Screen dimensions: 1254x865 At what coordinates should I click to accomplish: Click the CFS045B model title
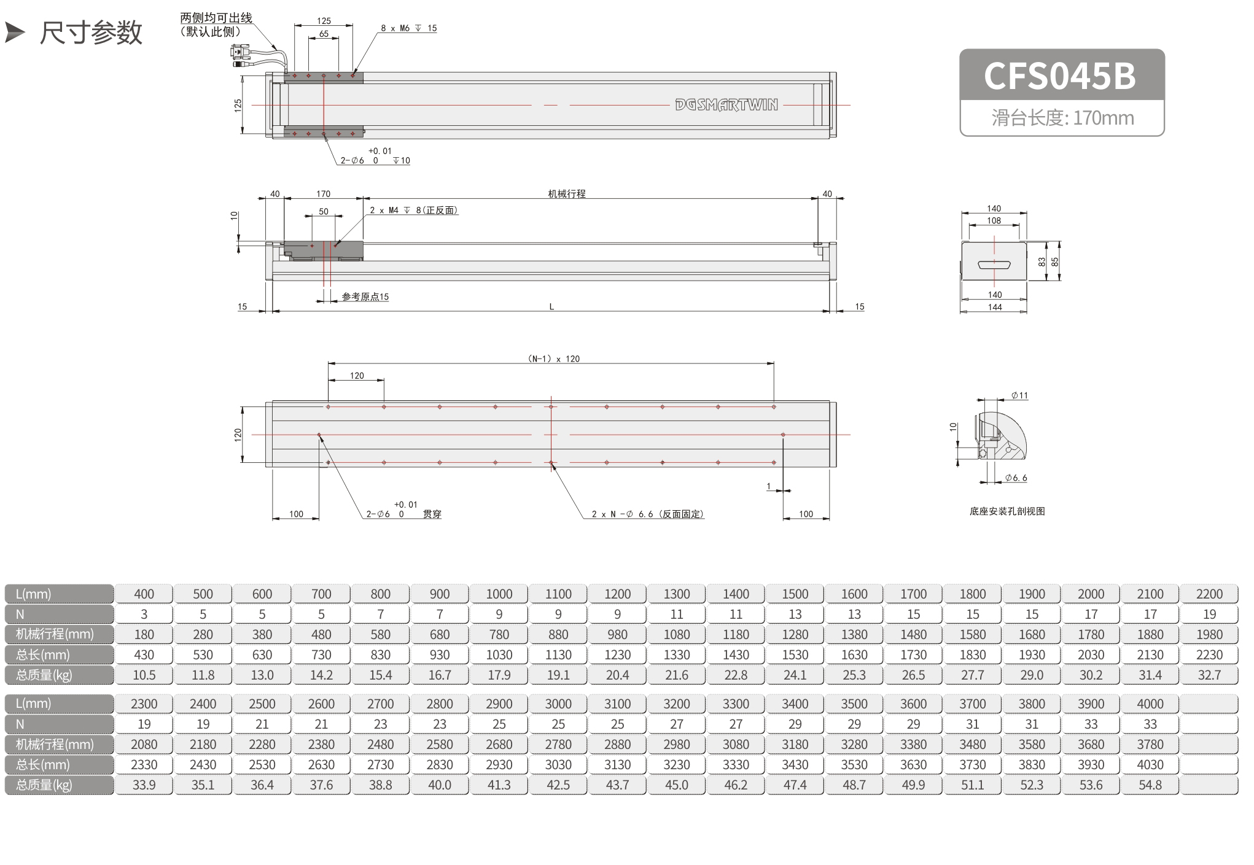point(1060,76)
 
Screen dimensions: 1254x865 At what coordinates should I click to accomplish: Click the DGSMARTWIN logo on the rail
point(726,105)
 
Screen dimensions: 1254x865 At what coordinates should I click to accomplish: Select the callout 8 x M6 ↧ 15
point(408,28)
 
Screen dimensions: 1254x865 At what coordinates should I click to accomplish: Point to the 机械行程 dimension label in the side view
point(567,194)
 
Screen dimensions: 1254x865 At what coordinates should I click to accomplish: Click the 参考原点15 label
point(365,297)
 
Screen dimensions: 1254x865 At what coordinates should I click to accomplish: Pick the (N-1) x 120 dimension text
point(553,359)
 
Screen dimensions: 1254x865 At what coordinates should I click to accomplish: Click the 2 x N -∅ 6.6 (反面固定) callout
point(648,514)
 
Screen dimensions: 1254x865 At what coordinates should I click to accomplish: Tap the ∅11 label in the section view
point(1020,396)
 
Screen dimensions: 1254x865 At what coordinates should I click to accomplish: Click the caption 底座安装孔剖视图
point(1007,511)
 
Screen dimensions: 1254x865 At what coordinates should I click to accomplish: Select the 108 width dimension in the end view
point(994,221)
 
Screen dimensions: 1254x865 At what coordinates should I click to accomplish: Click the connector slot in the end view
point(994,265)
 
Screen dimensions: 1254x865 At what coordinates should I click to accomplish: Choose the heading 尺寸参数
point(91,33)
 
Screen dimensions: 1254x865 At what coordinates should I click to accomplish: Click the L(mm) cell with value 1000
point(499,594)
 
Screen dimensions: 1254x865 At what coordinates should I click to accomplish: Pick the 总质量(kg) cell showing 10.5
point(144,675)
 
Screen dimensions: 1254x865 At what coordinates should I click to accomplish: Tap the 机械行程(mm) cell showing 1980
point(1209,635)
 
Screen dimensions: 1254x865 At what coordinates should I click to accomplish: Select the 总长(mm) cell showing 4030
point(1150,765)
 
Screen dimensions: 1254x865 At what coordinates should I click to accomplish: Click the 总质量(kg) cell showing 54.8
point(1150,785)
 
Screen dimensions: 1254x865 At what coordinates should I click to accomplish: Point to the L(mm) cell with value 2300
point(144,704)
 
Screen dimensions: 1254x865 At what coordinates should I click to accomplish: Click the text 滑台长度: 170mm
point(1062,118)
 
